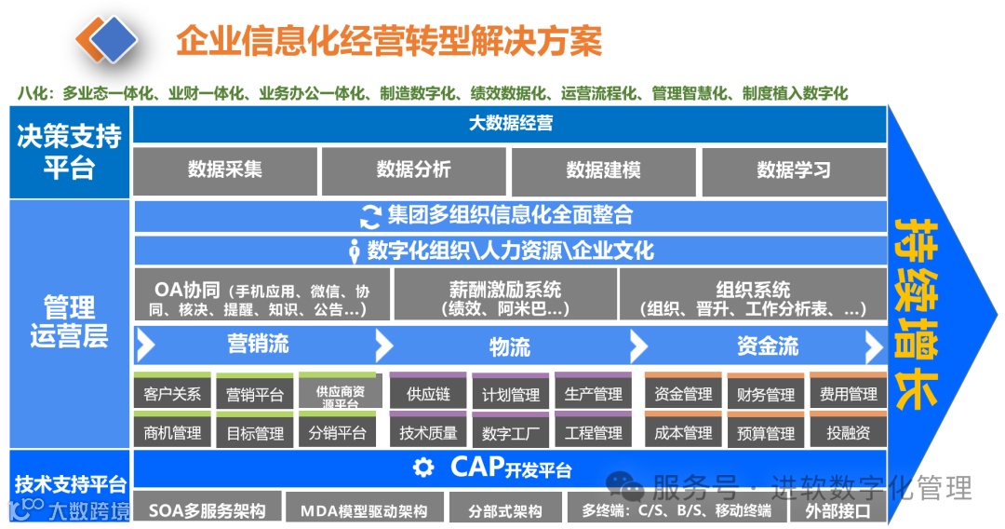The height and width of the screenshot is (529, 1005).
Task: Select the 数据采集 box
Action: click(225, 170)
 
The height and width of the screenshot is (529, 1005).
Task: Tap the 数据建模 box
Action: click(603, 170)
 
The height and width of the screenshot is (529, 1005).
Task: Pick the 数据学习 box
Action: click(793, 170)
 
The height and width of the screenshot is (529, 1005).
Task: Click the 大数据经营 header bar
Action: click(510, 124)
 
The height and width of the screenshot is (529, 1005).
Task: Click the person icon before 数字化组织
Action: click(355, 251)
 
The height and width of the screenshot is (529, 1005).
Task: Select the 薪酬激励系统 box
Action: click(504, 296)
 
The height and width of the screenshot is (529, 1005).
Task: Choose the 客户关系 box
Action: click(172, 394)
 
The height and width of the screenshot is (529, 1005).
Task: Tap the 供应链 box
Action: click(428, 394)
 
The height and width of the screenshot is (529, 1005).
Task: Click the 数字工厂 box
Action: click(511, 433)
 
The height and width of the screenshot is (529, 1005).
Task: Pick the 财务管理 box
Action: click(765, 394)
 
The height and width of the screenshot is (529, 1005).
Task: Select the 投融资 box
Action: click(848, 433)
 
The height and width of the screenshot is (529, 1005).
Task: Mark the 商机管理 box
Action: click(172, 433)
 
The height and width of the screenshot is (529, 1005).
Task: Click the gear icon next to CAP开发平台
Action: click(424, 468)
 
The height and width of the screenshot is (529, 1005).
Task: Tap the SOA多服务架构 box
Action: click(207, 510)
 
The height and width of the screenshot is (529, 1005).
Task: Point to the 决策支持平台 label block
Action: click(70, 152)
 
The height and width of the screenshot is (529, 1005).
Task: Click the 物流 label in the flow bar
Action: click(510, 347)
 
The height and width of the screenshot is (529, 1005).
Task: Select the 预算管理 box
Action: click(765, 433)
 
